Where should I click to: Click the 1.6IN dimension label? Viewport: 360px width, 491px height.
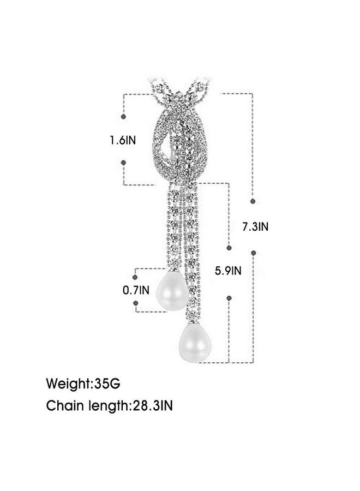click(123, 140)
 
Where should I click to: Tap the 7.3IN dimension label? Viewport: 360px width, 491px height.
click(255, 226)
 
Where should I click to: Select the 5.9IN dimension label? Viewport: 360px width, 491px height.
click(228, 271)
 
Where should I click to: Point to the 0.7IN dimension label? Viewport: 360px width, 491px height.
click(136, 290)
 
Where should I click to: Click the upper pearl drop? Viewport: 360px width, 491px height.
click(172, 291)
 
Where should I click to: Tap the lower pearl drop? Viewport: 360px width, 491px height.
click(195, 343)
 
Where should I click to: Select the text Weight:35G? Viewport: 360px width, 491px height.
click(83, 384)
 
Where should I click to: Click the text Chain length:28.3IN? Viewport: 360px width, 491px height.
click(109, 406)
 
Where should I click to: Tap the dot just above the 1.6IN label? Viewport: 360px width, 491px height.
click(123, 117)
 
